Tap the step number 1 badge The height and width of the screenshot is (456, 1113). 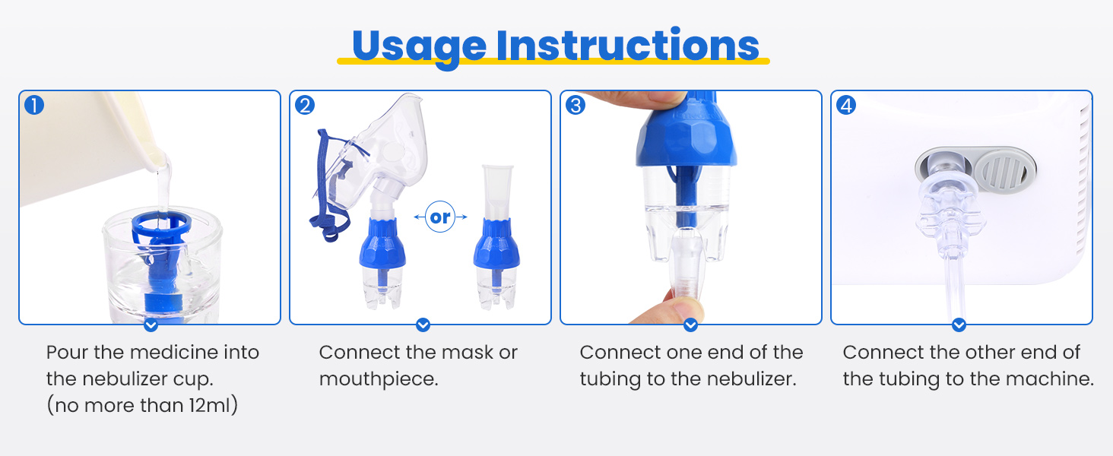[x=34, y=105]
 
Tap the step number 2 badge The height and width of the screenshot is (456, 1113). [x=304, y=105]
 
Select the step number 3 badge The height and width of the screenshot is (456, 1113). [x=576, y=105]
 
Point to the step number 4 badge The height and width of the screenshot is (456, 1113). [x=845, y=105]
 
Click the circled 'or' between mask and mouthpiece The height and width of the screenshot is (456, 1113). [x=440, y=217]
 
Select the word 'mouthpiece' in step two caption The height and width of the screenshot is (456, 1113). [x=379, y=379]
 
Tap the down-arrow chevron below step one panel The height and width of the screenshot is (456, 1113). [x=151, y=325]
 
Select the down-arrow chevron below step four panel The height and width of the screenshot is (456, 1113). [x=959, y=325]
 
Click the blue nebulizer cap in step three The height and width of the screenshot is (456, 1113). [x=687, y=141]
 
